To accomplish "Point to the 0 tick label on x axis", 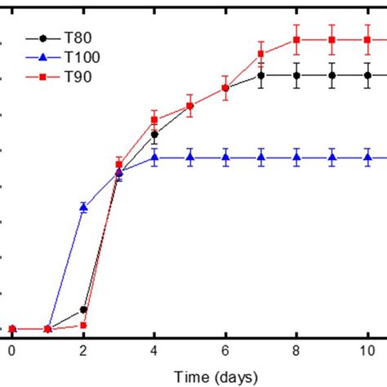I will (x=11, y=349).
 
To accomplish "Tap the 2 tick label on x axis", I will (x=82, y=349).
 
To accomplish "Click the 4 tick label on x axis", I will (x=154, y=349).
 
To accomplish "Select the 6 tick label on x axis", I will (x=225, y=349).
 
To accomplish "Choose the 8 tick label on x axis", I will (x=296, y=349).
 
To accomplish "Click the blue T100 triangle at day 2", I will (x=83, y=207).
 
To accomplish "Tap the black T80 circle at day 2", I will (x=83, y=310).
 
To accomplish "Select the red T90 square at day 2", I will (x=83, y=325).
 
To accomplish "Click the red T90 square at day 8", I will (x=296, y=39).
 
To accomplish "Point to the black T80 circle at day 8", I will (x=296, y=75).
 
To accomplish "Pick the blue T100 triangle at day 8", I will (x=296, y=157).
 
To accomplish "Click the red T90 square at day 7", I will (x=261, y=54).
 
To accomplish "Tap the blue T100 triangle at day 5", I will (x=189, y=157).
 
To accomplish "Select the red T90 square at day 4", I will (x=154, y=120).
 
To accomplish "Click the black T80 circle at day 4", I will (x=154, y=134).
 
